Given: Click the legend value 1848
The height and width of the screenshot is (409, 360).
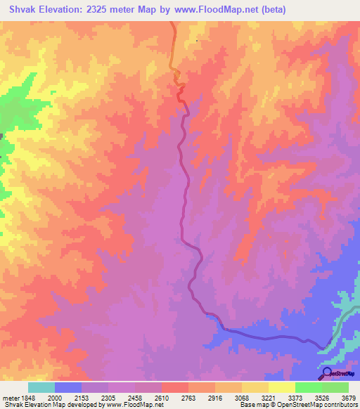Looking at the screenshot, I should (27, 398).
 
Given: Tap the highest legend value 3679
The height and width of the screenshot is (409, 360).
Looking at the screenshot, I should (349, 398).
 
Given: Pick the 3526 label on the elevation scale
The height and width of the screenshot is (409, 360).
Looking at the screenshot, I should (323, 398).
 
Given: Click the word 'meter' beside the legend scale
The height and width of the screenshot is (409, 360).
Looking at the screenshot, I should (9, 398).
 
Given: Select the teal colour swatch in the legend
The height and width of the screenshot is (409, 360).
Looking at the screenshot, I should (41, 387).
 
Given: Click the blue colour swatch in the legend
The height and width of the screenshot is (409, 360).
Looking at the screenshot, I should (68, 387).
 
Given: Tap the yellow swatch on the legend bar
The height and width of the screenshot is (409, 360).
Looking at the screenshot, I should (281, 387).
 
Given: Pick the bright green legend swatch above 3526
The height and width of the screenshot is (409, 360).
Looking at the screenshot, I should (308, 387).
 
